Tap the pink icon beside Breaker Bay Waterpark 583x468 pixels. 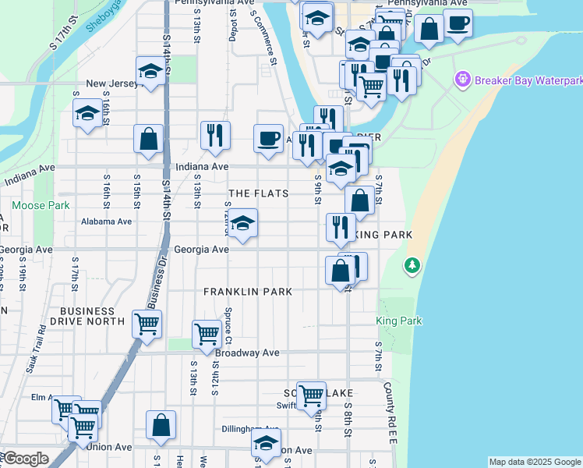[x=463, y=80]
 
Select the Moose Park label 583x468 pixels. [x=41, y=206]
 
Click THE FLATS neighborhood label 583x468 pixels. [x=258, y=193]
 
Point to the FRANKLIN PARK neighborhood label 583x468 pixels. [x=248, y=292]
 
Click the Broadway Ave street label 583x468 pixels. [x=247, y=353]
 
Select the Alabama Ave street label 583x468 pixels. [x=107, y=222]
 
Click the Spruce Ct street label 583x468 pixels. [x=228, y=325]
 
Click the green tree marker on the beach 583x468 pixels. [x=412, y=267]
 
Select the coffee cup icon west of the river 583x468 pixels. [x=269, y=139]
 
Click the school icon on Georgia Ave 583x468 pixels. [x=242, y=225]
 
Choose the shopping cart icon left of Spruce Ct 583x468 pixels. [x=207, y=333]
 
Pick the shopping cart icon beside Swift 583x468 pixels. [x=311, y=395]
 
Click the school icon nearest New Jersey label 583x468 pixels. [x=150, y=72]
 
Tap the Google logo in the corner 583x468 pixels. [x=25, y=459]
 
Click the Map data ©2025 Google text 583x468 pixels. [x=535, y=462]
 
